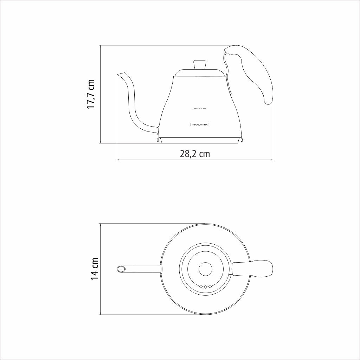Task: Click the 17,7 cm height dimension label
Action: click(91, 94)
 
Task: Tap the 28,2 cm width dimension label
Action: click(195, 154)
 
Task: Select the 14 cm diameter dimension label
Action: click(94, 269)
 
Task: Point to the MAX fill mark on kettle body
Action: click(200, 109)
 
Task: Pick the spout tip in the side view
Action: click(121, 75)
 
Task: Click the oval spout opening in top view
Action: click(121, 269)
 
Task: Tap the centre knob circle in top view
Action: click(205, 269)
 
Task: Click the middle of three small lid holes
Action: click(205, 287)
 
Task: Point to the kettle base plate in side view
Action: click(200, 141)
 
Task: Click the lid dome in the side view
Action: click(200, 73)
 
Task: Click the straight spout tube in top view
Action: click(142, 269)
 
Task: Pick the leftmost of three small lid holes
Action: click(201, 287)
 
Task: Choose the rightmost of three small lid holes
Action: click(210, 287)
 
